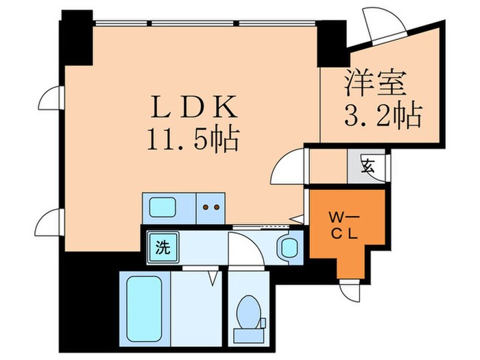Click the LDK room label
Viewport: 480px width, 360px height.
click(194, 106)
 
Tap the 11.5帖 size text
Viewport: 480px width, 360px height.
click(193, 139)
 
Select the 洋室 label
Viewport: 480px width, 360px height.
click(376, 83)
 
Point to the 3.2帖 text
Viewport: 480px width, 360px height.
click(383, 116)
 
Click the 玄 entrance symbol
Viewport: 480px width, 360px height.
click(368, 166)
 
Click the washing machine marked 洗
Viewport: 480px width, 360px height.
click(163, 248)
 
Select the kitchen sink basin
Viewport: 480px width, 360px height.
click(163, 208)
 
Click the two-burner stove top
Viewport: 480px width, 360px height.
click(211, 208)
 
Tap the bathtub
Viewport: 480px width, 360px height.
click(144, 309)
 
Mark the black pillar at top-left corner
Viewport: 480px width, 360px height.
click(77, 38)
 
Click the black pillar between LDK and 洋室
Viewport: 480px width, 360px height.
click(331, 43)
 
